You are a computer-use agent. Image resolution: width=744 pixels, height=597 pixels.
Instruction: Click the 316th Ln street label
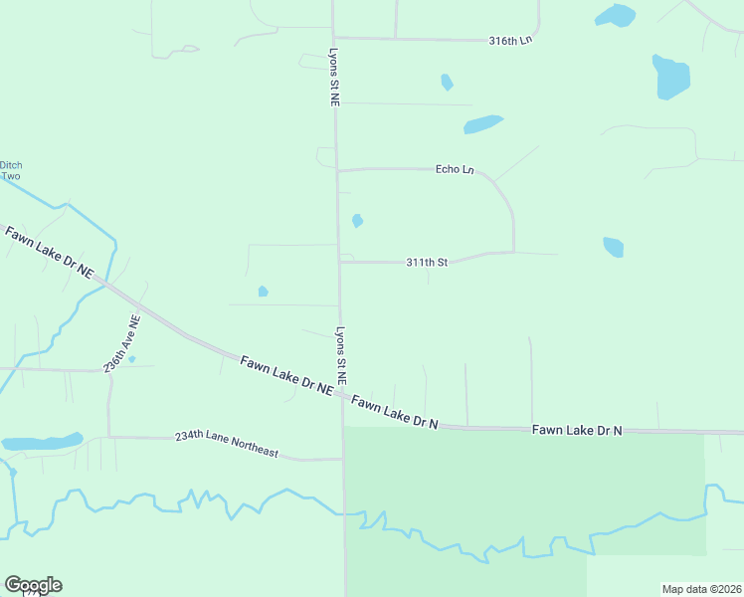coord(511,41)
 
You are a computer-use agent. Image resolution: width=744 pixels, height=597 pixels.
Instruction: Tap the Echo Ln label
coord(455,169)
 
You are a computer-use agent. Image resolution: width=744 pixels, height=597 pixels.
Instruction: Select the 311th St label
coord(427,263)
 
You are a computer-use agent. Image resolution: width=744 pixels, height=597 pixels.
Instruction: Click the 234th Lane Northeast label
coord(227,444)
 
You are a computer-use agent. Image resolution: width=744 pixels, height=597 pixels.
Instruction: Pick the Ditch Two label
coord(11,170)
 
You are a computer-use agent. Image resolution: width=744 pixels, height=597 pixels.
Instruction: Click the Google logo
coord(33,585)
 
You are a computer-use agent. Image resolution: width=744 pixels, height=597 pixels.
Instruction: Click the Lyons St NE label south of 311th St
coord(341,355)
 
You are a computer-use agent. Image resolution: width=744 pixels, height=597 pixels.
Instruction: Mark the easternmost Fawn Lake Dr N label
coord(577,430)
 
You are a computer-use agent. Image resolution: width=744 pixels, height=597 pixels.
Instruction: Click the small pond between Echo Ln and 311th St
coord(357,220)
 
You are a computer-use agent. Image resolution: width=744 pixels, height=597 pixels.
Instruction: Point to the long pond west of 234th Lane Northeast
coord(42,442)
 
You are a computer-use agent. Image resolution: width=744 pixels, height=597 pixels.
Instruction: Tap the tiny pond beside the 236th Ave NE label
coord(132,358)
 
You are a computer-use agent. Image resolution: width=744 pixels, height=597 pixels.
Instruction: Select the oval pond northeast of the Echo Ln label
coord(483,124)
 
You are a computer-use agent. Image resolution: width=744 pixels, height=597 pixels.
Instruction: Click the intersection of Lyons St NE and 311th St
coord(339,263)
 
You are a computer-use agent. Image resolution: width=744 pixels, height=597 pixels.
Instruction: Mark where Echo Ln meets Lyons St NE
coord(337,170)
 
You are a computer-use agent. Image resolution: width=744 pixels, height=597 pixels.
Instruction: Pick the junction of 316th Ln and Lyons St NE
coord(333,39)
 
